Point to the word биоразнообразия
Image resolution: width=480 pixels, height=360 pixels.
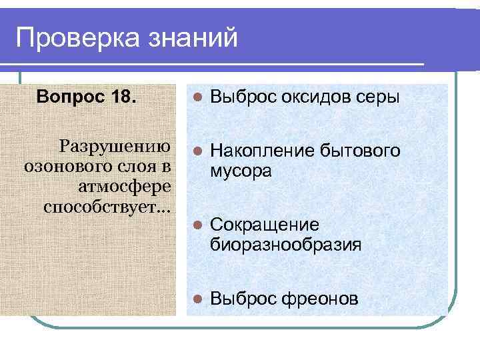[286, 245]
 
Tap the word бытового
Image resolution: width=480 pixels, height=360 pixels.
[360, 151]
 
